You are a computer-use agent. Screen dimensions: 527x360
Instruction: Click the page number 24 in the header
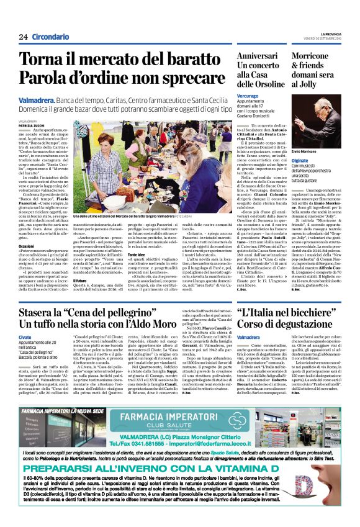[x=23, y=37]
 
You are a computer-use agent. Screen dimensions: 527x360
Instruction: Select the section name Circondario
[x=51, y=37]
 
